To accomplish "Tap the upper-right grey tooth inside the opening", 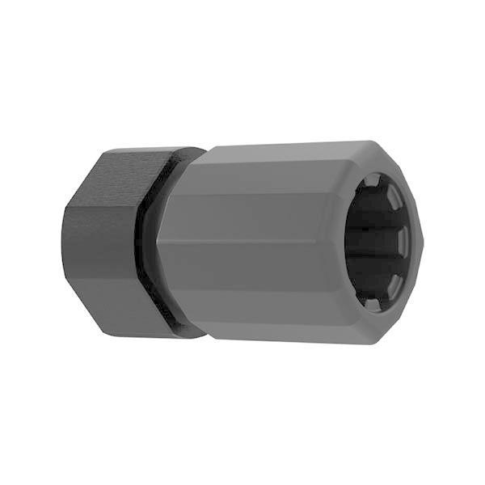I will click(x=393, y=196).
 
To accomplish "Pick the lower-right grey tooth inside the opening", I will click(x=394, y=280).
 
